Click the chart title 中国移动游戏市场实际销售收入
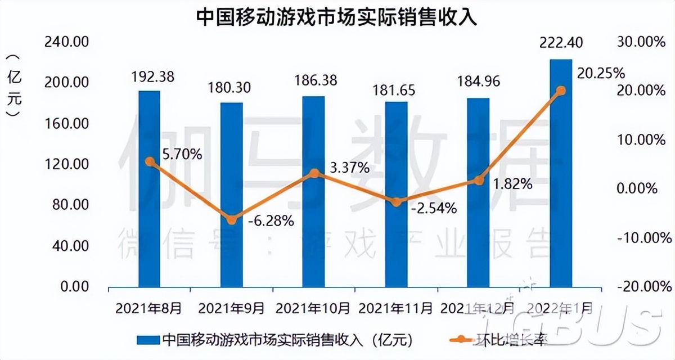pos(337,17)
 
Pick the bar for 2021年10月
pos(314,191)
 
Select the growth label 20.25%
pos(601,73)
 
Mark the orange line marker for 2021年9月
pos(231,220)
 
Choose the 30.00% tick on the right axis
pos(641,42)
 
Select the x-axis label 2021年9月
pos(231,308)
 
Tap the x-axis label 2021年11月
pos(396,308)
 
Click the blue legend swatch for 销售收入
pos(148,340)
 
